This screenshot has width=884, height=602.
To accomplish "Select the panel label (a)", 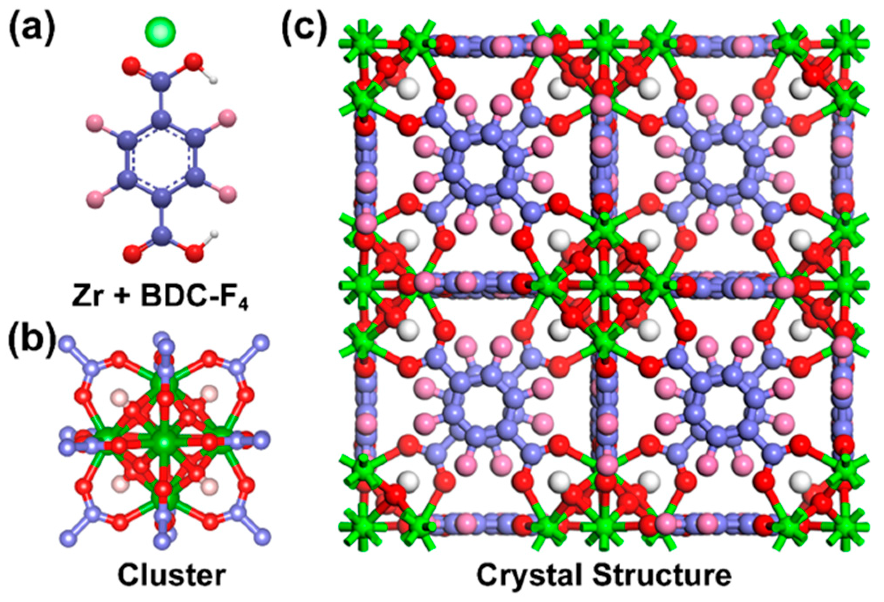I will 33,30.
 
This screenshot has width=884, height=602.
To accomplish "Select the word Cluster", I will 172,575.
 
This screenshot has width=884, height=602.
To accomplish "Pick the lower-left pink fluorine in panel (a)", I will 95,194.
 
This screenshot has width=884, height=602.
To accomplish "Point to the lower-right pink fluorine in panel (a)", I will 227,194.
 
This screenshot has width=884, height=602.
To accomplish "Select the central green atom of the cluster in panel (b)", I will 164,441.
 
